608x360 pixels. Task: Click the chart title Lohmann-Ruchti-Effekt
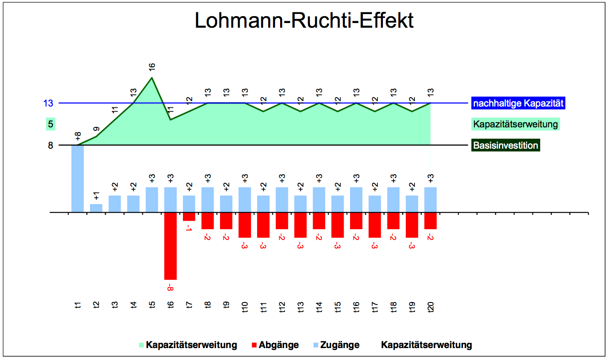click(x=304, y=20)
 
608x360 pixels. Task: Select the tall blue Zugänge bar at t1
click(x=78, y=179)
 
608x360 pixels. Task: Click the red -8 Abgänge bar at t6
click(x=171, y=246)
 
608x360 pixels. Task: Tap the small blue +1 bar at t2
click(x=96, y=208)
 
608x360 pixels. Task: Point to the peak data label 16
click(x=152, y=67)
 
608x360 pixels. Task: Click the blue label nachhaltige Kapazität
click(x=518, y=103)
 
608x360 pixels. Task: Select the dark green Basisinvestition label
click(x=506, y=145)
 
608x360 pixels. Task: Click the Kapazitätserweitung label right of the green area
click(x=515, y=124)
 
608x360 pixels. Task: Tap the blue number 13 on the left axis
click(x=48, y=103)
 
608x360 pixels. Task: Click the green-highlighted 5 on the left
click(x=51, y=124)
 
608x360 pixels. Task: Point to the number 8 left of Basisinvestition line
click(x=51, y=145)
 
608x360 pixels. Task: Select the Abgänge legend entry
click(x=275, y=345)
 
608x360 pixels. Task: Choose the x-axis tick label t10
click(x=245, y=307)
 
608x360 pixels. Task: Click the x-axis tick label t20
click(x=431, y=307)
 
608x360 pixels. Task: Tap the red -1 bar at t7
click(x=189, y=216)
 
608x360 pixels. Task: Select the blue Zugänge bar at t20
click(x=430, y=199)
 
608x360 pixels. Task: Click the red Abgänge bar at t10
click(x=245, y=225)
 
